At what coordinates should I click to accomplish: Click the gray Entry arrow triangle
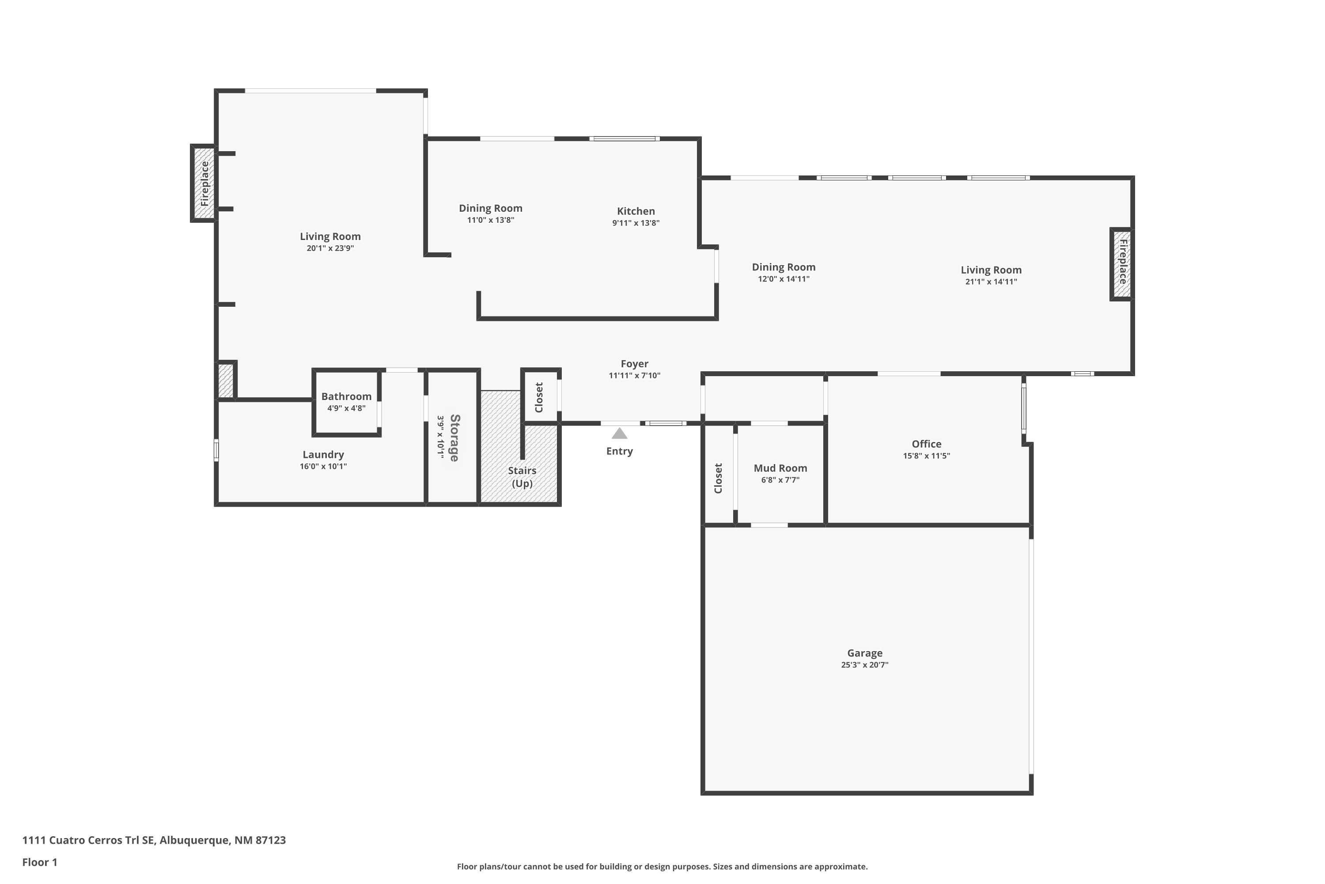(619, 434)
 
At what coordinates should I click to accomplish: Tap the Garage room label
(864, 653)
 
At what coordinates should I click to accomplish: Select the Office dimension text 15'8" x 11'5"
(926, 456)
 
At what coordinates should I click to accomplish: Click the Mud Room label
(780, 468)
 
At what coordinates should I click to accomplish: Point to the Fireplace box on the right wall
(1122, 263)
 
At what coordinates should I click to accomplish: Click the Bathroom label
(346, 396)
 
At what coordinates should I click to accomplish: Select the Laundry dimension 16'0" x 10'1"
(323, 466)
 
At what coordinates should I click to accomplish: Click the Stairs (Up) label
(522, 476)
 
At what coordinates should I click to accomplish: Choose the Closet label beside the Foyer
(539, 397)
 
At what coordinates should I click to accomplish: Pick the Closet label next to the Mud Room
(718, 478)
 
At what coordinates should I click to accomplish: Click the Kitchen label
(636, 211)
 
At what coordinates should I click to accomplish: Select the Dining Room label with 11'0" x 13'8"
(490, 208)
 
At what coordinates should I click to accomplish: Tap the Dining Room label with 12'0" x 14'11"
(783, 267)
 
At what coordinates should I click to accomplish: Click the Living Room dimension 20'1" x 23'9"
(330, 248)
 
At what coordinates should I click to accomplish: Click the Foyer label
(634, 364)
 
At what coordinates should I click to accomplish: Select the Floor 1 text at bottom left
(39, 862)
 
